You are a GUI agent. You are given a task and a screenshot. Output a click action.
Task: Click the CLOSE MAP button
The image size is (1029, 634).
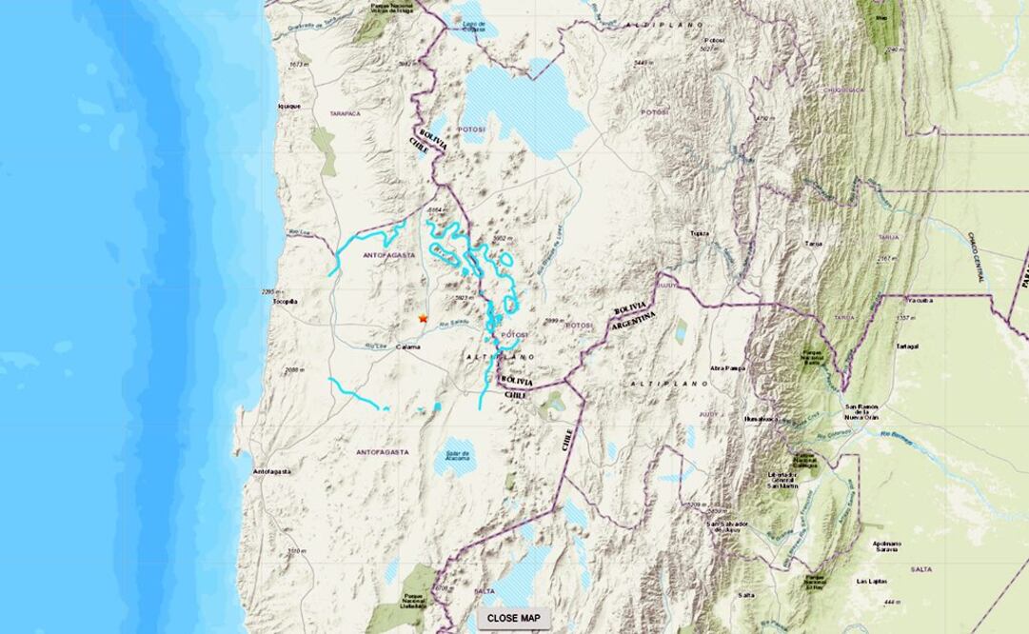[514, 618]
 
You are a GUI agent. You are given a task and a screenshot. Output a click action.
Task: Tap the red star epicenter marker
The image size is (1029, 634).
[424, 318]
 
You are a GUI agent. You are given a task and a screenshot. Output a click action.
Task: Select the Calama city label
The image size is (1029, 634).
[409, 347]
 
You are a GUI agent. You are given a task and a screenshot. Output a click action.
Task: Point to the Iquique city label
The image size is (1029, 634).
[288, 107]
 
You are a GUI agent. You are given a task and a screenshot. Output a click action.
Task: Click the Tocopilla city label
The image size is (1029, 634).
[286, 302]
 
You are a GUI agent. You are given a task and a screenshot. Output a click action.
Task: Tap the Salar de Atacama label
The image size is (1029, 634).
[455, 456]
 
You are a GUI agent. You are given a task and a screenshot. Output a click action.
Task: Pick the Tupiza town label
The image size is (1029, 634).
[701, 232]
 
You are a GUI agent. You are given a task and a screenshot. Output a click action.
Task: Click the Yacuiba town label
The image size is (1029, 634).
[920, 298]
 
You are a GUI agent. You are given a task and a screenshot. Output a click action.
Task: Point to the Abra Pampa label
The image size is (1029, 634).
[729, 368]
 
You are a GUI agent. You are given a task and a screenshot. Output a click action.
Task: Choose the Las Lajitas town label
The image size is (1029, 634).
[873, 581]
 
